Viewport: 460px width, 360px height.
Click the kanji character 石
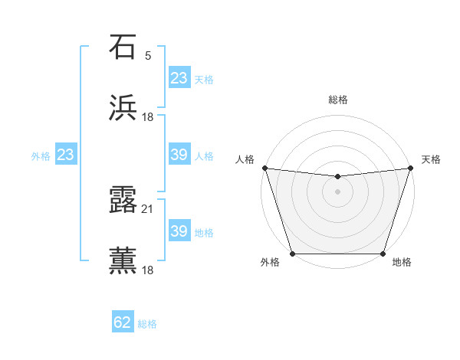pos(123,47)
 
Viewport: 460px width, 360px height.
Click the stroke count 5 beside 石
pos(148,56)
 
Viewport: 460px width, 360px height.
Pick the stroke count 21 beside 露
pos(148,208)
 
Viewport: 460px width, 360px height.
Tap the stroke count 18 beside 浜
pos(148,117)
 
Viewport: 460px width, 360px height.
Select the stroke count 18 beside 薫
pos(148,270)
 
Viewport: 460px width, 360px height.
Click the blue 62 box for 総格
pos(123,322)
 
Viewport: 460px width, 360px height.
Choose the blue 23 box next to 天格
pos(179,78)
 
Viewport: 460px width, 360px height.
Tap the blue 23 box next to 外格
pos(66,155)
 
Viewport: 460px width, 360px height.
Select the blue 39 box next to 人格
pos(179,155)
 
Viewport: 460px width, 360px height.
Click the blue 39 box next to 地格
pos(179,231)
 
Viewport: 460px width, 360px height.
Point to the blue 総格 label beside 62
pos(147,324)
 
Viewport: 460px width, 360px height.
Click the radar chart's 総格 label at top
pos(338,100)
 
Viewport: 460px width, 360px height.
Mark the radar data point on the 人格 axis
pos(264,168)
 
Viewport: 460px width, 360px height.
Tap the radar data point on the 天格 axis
pos(411,168)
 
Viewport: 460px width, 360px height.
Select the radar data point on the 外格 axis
pos(293,254)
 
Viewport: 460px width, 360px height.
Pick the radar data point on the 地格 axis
pos(383,254)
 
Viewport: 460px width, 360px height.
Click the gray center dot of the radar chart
pos(338,191)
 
